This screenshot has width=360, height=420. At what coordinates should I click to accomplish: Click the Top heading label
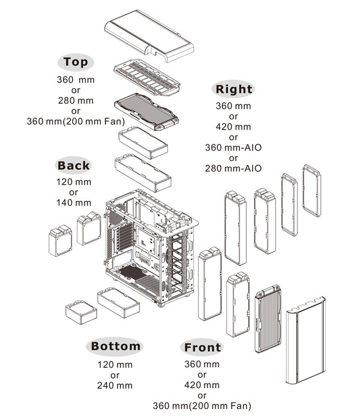76,62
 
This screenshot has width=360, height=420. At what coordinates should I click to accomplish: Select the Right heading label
233,90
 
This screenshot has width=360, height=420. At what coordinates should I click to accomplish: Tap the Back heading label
73,166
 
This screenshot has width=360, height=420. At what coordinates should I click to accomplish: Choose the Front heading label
202,347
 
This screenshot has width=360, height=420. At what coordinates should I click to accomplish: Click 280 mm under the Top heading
76,100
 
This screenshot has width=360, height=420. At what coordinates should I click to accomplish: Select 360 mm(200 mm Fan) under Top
76,121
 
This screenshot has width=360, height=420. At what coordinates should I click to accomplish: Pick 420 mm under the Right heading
233,127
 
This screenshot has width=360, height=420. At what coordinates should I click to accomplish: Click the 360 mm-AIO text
233,148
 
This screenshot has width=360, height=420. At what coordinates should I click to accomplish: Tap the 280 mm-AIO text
233,169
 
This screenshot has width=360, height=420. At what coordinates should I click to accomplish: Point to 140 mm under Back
73,203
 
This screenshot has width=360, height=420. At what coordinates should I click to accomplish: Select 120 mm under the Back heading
73,182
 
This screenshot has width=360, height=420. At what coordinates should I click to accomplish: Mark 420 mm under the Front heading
202,385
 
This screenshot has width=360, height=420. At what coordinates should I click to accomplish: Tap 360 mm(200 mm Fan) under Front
202,406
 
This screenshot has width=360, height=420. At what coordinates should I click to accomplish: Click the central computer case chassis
150,246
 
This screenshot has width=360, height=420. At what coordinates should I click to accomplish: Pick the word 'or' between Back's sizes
73,193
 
